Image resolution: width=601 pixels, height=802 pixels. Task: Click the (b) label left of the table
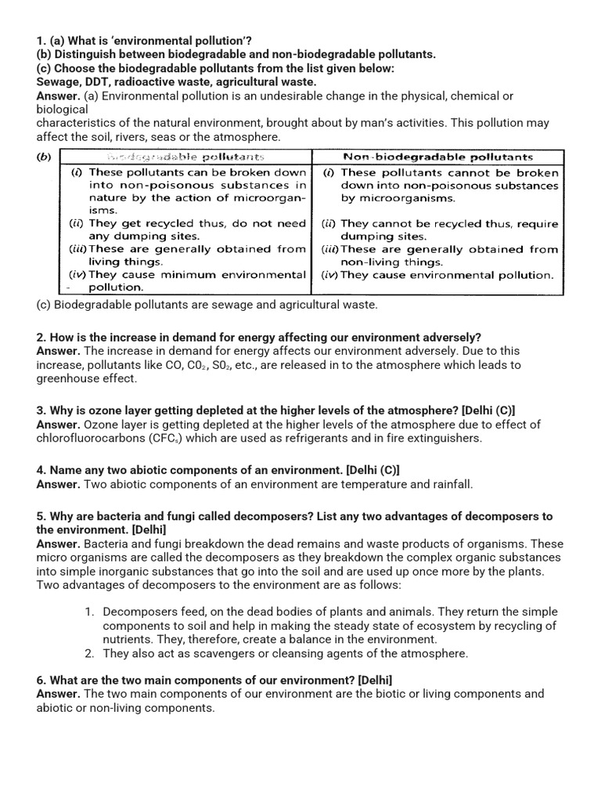click(x=45, y=157)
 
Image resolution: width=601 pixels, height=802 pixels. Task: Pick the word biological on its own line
click(x=63, y=110)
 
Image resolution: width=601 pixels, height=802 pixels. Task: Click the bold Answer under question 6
click(x=58, y=694)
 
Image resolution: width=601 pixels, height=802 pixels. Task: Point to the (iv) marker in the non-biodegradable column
click(x=329, y=275)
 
